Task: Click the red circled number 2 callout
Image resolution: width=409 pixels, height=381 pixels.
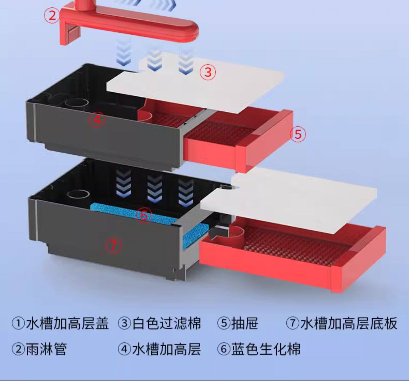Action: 52,15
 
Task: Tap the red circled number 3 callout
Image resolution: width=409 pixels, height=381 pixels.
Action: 208,72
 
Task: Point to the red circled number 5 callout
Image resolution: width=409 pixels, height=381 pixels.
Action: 298,134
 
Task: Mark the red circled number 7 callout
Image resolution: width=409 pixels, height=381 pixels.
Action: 114,245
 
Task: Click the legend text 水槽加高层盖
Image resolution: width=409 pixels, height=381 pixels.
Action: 67,323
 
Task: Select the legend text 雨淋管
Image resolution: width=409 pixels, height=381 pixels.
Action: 46,349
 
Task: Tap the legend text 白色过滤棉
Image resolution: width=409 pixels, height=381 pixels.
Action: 167,323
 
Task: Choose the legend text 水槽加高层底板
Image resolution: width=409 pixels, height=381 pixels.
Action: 349,323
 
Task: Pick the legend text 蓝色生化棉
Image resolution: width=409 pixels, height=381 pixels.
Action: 266,349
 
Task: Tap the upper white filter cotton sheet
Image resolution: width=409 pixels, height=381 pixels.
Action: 196,87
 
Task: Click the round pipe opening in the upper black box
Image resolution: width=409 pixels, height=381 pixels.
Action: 77,103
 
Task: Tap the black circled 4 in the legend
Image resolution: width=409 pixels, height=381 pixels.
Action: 124,349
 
